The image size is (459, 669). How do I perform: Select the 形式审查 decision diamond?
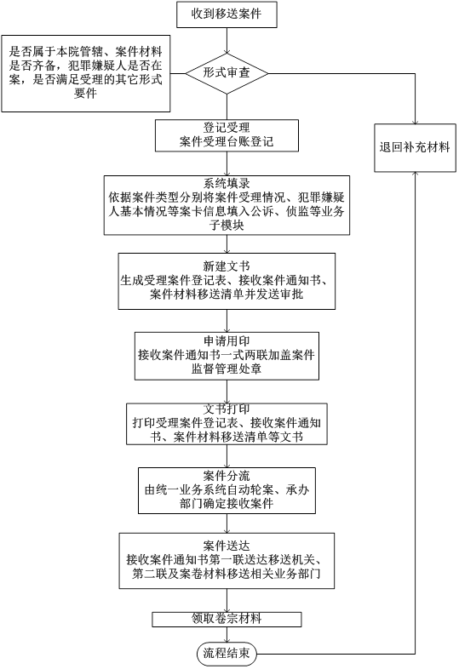pos(227,74)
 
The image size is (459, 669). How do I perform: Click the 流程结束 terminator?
pos(227,653)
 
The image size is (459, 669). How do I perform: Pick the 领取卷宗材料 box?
pos(227,618)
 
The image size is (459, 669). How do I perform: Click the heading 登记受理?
pos(227,127)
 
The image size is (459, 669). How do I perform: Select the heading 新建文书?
pos(227,265)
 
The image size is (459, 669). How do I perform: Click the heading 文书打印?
pos(227,408)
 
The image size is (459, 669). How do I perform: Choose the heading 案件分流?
pos(227,473)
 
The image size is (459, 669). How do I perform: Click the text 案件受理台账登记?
pos(227,141)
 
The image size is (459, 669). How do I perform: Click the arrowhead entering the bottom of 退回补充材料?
pos(415,170)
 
